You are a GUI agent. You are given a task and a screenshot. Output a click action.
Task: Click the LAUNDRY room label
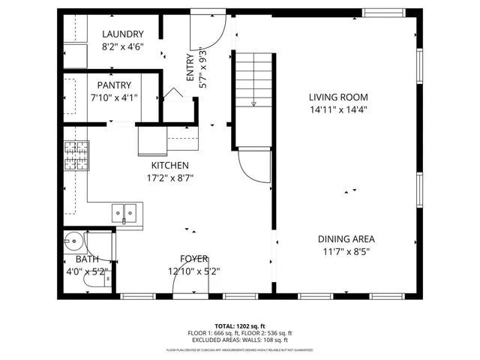pyautogui.click(x=122, y=34)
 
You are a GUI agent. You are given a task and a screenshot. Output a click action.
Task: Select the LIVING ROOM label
pyautogui.click(x=338, y=97)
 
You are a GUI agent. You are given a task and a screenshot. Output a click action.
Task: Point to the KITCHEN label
pyautogui.click(x=169, y=166)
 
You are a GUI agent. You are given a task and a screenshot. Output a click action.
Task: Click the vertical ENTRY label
pyautogui.click(x=190, y=67)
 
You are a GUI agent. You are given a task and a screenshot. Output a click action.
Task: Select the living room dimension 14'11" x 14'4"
pyautogui.click(x=338, y=109)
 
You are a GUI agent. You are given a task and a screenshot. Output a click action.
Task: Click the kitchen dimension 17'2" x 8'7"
pyautogui.click(x=169, y=178)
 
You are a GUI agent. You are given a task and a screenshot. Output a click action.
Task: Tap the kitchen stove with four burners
pyautogui.click(x=76, y=155)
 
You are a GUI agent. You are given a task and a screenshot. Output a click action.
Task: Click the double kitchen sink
pyautogui.click(x=126, y=214)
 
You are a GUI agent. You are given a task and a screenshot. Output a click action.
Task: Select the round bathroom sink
pyautogui.click(x=74, y=243)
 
